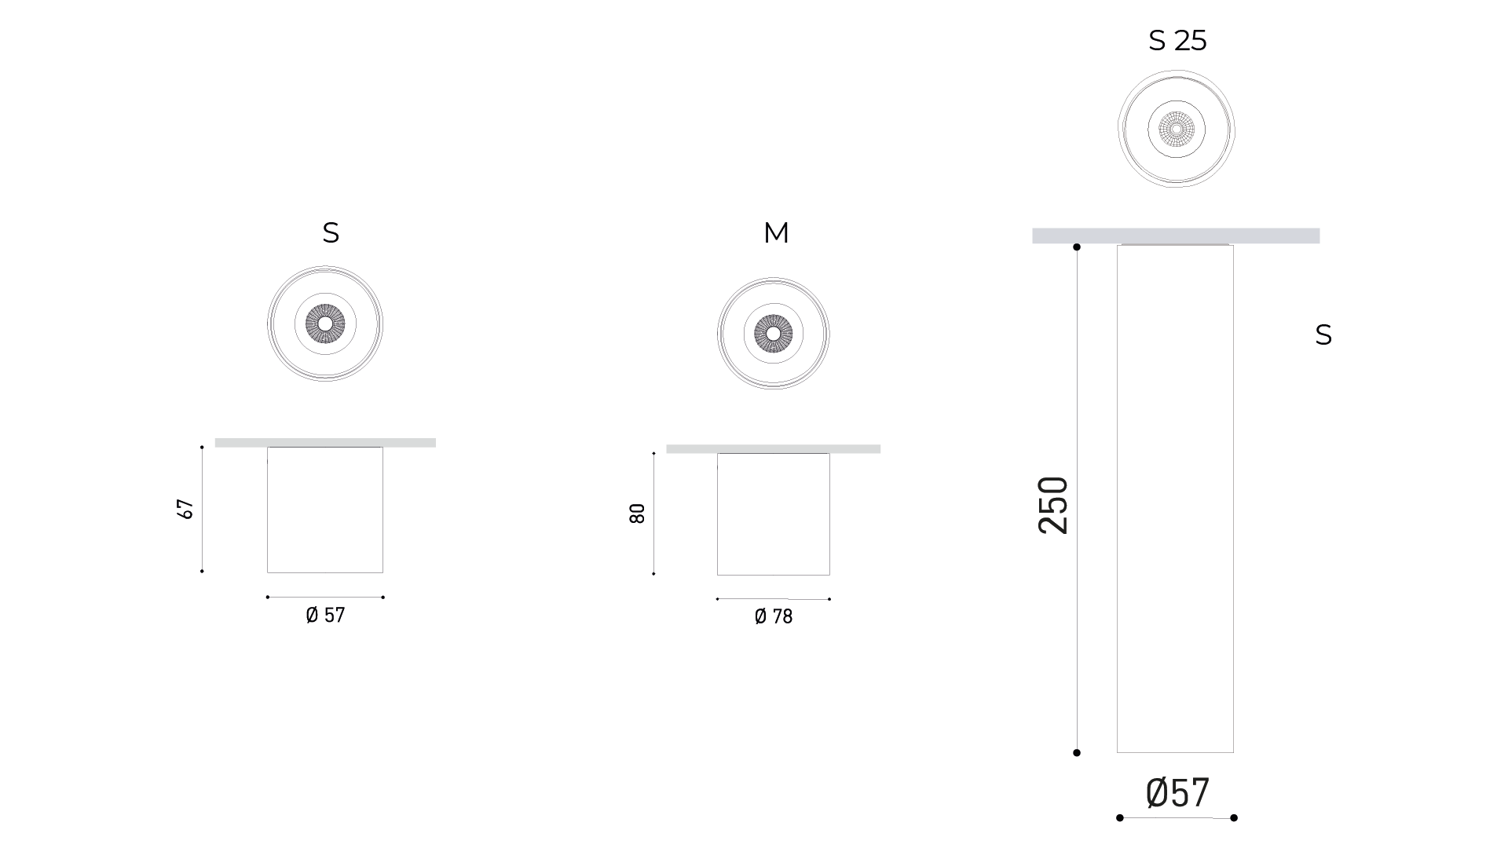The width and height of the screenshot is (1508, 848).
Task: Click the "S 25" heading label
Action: [x=1177, y=40]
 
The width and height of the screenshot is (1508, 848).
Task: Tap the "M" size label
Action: [x=776, y=232]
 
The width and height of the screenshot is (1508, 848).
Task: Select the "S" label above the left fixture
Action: [x=331, y=232]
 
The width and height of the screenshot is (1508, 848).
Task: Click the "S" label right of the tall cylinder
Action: [x=1323, y=335]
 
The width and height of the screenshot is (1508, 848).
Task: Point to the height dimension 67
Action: [x=186, y=509]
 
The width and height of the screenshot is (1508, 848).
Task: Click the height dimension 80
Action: [x=637, y=514]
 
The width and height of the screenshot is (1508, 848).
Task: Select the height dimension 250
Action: [x=1053, y=505]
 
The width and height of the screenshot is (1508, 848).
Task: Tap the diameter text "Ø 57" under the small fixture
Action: [x=325, y=615]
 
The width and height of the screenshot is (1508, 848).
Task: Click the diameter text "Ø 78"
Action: [x=774, y=616]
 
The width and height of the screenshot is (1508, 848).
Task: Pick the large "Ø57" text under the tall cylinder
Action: [x=1177, y=792]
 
